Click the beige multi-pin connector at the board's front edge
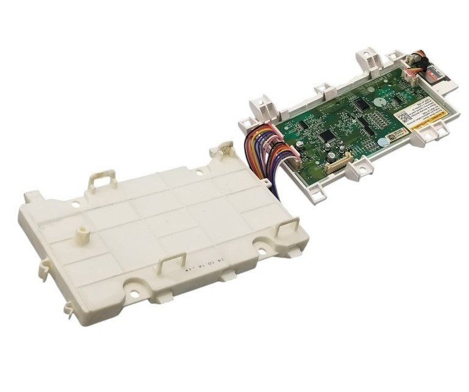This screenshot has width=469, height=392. coord(338,165)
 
